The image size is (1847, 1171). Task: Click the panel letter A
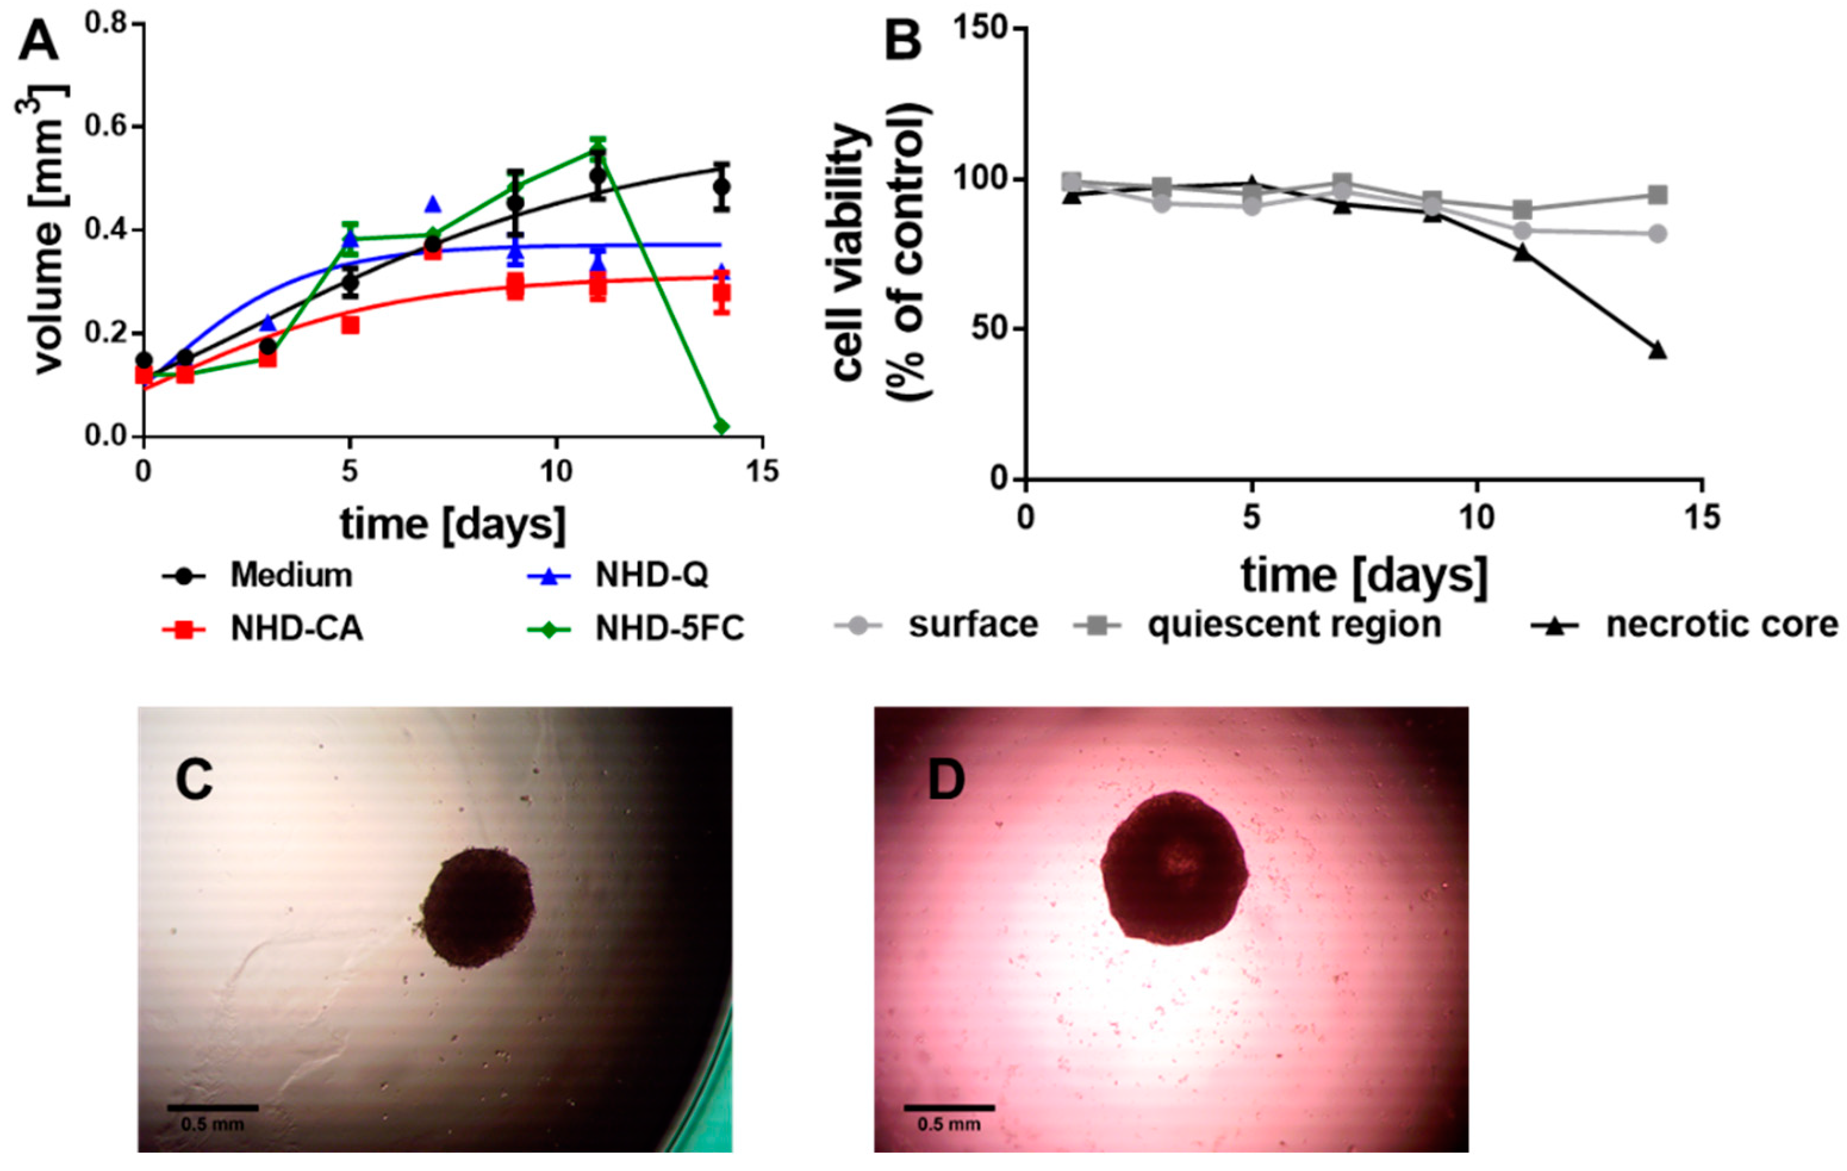click(38, 42)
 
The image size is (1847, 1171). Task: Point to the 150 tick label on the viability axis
click(980, 29)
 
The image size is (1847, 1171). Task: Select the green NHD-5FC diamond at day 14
click(721, 426)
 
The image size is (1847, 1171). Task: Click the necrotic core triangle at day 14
click(1658, 350)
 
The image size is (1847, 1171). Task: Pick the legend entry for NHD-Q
click(651, 575)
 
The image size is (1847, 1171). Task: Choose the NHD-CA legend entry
click(296, 629)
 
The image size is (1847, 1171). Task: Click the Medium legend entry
click(291, 575)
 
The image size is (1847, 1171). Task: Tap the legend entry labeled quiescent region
click(1294, 625)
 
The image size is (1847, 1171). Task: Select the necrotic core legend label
click(1722, 625)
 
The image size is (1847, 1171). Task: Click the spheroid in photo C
click(478, 908)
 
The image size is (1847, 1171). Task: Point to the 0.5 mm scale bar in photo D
click(949, 1107)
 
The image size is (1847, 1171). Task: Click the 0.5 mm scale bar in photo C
click(213, 1107)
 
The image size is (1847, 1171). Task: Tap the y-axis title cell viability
click(850, 253)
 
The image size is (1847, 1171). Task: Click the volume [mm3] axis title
click(46, 230)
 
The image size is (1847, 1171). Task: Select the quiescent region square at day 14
click(1658, 195)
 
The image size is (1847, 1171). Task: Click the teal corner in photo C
click(709, 1104)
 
